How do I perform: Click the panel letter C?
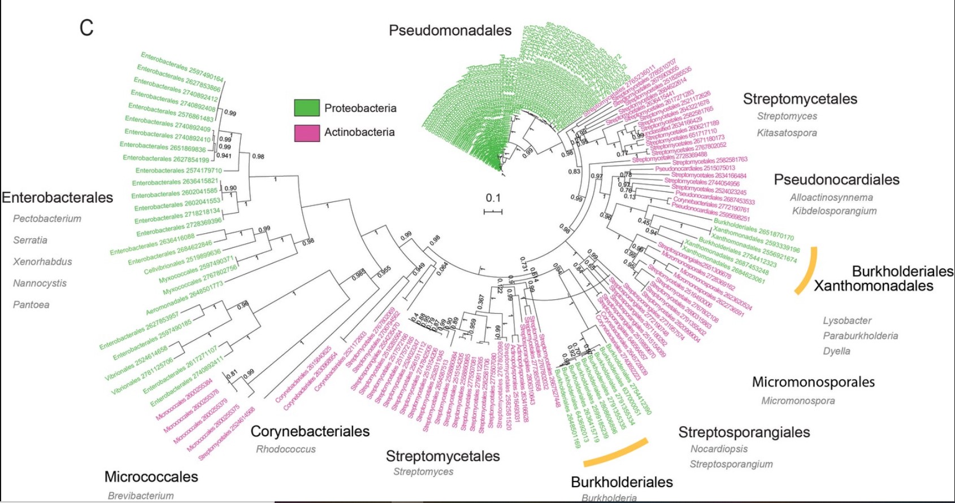click(86, 28)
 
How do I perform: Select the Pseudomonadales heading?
click(450, 30)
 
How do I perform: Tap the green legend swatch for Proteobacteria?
click(306, 108)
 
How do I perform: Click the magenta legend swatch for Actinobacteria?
click(306, 133)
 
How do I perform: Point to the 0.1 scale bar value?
click(493, 198)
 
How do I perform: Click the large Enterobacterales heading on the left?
click(57, 198)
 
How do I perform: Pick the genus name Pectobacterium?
click(47, 218)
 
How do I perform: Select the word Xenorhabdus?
click(42, 261)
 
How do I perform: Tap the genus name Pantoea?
click(31, 305)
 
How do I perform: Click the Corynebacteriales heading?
click(310, 431)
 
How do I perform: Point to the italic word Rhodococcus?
click(286, 449)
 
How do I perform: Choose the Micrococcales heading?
click(151, 476)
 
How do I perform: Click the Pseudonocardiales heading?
click(836, 180)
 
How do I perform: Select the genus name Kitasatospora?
click(787, 133)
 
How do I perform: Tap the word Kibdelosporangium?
click(834, 211)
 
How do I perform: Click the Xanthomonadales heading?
click(873, 286)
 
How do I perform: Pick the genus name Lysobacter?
click(847, 321)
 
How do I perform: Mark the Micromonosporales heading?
click(813, 382)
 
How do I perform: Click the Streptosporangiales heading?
click(744, 432)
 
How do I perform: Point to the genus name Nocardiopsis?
click(719, 449)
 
